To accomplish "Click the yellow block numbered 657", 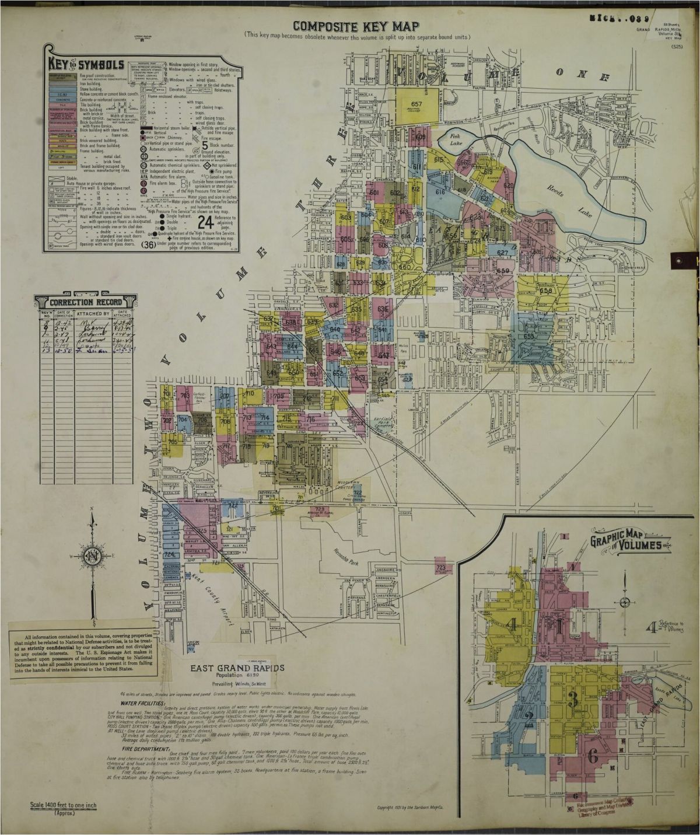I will tap(416, 106).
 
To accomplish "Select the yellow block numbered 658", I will tap(546, 291).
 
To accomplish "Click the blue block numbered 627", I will tap(503, 253).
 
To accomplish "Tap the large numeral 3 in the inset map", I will tap(574, 701).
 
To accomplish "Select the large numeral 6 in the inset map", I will tap(593, 757).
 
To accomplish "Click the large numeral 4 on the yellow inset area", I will tap(512, 626).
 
